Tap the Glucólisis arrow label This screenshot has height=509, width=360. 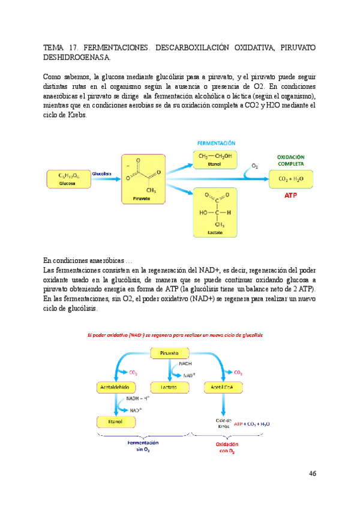[x=102, y=173]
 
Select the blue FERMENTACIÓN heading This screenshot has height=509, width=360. [x=217, y=143]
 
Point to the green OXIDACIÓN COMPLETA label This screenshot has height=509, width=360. [x=290, y=160]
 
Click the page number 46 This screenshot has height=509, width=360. [x=312, y=474]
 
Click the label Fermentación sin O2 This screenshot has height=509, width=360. [x=147, y=445]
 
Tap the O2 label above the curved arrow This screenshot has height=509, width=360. [x=255, y=165]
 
